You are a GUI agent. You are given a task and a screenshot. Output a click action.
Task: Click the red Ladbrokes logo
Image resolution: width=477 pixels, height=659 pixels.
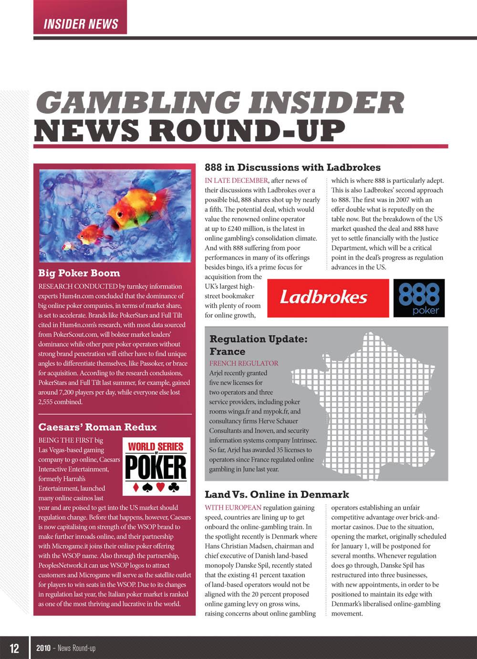(x=328, y=298)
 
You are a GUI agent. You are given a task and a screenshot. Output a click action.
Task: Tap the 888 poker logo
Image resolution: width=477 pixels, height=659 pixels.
(x=419, y=298)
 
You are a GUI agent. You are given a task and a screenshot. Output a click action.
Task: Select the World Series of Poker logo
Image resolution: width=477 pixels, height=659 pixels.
(x=156, y=466)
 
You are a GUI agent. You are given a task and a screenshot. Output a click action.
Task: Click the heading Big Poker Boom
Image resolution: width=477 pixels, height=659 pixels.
(x=79, y=273)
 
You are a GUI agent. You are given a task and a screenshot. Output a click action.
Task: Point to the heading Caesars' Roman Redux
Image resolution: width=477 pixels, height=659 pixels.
(x=97, y=427)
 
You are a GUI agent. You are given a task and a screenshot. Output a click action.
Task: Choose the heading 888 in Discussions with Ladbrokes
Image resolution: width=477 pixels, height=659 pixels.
(x=292, y=167)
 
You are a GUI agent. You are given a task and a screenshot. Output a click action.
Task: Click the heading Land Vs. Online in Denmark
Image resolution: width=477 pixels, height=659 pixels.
(x=277, y=495)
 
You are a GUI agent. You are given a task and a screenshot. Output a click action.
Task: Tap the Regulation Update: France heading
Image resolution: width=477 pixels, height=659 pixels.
(x=258, y=345)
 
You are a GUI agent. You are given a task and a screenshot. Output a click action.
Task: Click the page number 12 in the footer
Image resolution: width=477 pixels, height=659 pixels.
(x=14, y=648)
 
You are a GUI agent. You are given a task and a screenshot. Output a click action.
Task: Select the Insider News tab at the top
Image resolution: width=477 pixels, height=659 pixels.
(x=81, y=24)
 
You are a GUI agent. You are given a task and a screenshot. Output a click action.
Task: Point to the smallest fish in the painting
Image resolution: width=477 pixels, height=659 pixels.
(x=67, y=246)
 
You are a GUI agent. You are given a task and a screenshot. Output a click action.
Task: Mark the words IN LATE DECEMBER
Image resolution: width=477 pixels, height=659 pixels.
(x=236, y=180)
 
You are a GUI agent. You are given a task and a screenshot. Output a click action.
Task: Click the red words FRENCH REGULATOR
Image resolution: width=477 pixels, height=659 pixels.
(x=244, y=363)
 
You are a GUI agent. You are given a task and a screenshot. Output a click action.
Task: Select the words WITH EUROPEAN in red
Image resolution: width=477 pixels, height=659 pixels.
(x=233, y=508)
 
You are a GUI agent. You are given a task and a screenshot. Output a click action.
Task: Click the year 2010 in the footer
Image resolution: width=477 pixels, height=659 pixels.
(x=43, y=648)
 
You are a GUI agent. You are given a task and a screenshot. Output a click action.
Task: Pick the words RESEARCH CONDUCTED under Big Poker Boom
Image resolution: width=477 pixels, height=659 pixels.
(x=78, y=286)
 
